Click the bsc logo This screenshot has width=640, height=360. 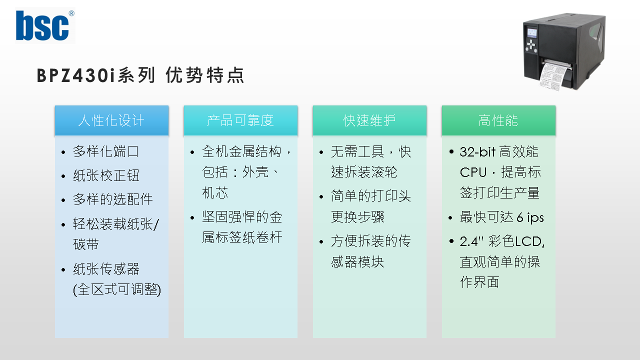tap(42, 25)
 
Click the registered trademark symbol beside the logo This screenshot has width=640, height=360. tap(71, 13)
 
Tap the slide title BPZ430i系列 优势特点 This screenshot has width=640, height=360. tap(140, 75)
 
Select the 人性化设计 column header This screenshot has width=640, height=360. tap(111, 120)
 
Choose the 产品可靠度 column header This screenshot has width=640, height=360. tap(240, 120)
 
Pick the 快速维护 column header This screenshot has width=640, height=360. tap(369, 120)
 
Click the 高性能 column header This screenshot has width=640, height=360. tap(498, 120)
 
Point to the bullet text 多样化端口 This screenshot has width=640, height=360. tap(106, 151)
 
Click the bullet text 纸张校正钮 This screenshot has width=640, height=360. tap(106, 175)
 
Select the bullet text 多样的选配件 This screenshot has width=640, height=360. tap(113, 199)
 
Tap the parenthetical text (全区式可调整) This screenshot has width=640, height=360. tap(117, 289)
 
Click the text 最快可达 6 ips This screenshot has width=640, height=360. tap(501, 217)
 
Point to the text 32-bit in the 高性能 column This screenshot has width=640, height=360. tap(477, 151)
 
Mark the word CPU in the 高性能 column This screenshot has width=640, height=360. tap(473, 172)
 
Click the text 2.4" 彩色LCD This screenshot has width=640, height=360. tap(502, 241)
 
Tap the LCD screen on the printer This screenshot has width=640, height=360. tap(531, 33)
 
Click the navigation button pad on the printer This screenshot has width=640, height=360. tap(531, 45)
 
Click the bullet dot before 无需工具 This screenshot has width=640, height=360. tap(321, 152)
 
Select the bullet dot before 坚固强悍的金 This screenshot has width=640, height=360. tap(192, 217)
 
